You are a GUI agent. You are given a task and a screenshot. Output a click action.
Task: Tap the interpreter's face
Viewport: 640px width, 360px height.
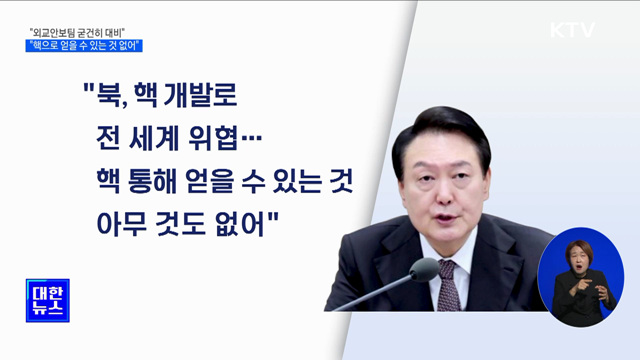pyautogui.click(x=581, y=256)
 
